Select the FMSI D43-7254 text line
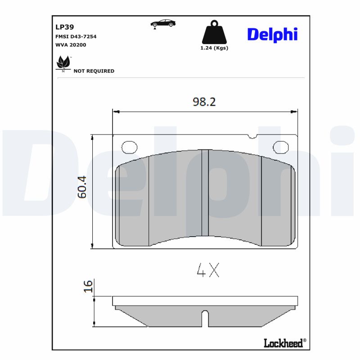tap(76, 36)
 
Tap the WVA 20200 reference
tap(71, 45)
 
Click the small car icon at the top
tap(162, 24)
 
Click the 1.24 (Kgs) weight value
tap(214, 48)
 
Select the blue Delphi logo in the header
tap(272, 34)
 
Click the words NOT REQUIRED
tap(94, 71)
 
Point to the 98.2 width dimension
tap(204, 102)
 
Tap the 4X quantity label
tap(207, 270)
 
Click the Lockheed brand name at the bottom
tap(283, 343)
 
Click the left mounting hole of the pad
tap(129, 146)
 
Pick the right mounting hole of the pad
tap(281, 146)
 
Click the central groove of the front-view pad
tap(205, 193)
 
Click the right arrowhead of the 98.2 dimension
tap(295, 111)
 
